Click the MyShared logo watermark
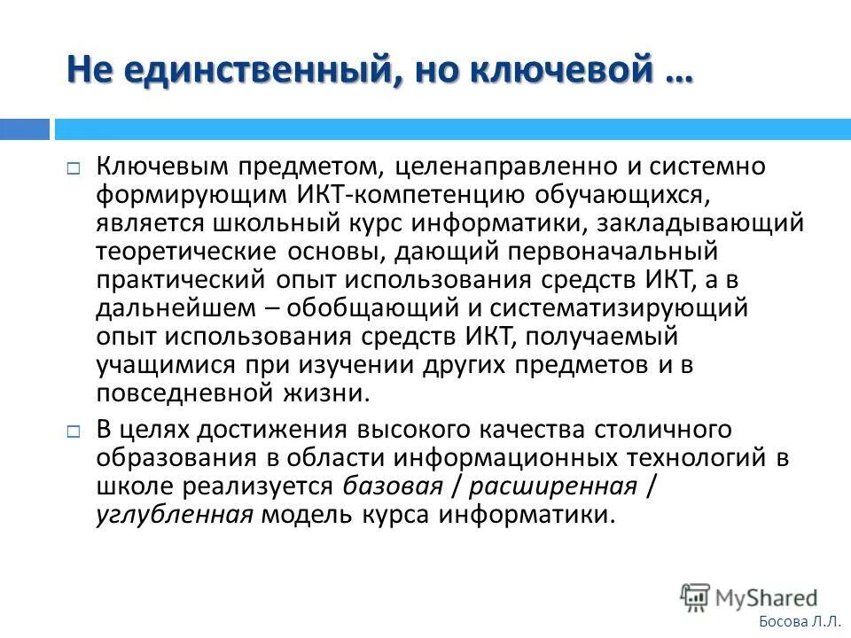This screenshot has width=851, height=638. point(750,596)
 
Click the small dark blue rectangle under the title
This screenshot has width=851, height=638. point(25,129)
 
